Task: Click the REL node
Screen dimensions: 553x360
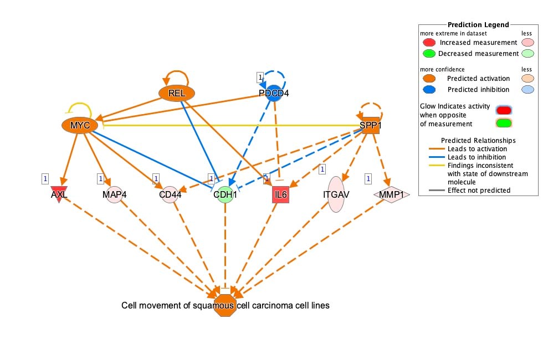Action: pos(177,93)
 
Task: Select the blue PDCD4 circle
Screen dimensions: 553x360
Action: pos(274,93)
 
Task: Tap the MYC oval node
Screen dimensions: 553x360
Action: pos(80,125)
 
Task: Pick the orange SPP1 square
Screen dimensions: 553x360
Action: pos(371,125)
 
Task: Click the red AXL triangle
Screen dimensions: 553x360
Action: pos(59,194)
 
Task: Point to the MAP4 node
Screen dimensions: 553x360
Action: pos(114,194)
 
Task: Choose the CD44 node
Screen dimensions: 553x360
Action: pos(170,194)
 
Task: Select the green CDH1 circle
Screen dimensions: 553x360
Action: pos(226,194)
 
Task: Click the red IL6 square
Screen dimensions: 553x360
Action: pos(281,194)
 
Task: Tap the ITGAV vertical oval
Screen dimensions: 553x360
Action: pos(336,194)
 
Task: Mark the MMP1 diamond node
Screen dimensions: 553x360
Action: pos(391,194)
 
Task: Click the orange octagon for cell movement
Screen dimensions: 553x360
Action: pos(226,305)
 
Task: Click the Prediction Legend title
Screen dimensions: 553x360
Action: pos(478,25)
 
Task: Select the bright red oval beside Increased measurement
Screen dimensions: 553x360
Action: pos(429,43)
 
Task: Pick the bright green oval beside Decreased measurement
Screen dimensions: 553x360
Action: pos(429,54)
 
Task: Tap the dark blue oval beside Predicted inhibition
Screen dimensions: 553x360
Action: pos(429,90)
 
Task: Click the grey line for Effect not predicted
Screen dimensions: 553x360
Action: pos(437,191)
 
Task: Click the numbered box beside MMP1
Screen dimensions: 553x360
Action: pos(368,179)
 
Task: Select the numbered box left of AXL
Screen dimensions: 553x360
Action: pos(45,179)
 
